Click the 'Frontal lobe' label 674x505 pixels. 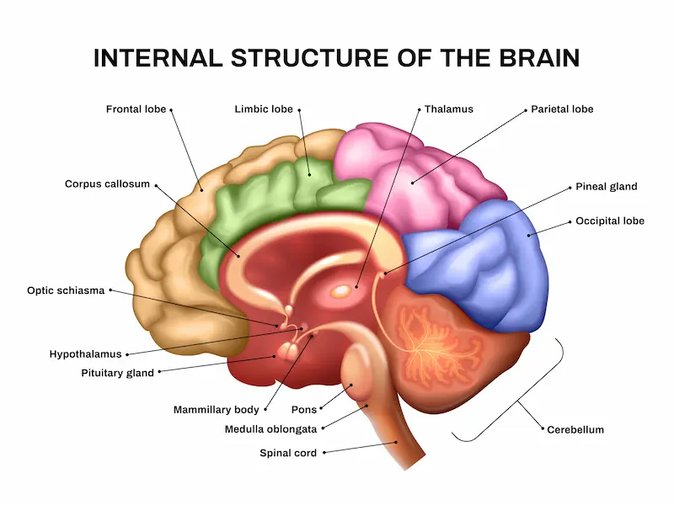[x=136, y=109]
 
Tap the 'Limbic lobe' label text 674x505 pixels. [x=264, y=109]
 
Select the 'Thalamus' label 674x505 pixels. [x=448, y=109]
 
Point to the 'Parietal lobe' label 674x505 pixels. [x=562, y=109]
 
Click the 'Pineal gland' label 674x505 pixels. [x=606, y=187]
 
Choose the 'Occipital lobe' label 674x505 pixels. [x=609, y=221]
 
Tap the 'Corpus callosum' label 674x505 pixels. [x=107, y=183]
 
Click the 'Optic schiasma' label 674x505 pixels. [x=66, y=290]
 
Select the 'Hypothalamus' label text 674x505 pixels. [x=85, y=354]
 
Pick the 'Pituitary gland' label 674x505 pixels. [x=117, y=373]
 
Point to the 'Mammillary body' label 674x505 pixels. [x=216, y=410]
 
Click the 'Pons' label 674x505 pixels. [x=303, y=410]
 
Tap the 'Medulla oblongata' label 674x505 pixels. [x=270, y=428]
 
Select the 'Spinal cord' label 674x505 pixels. [x=288, y=453]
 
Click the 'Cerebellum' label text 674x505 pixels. [x=575, y=430]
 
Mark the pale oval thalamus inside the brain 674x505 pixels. [x=342, y=291]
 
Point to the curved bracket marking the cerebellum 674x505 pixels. [x=531, y=404]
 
